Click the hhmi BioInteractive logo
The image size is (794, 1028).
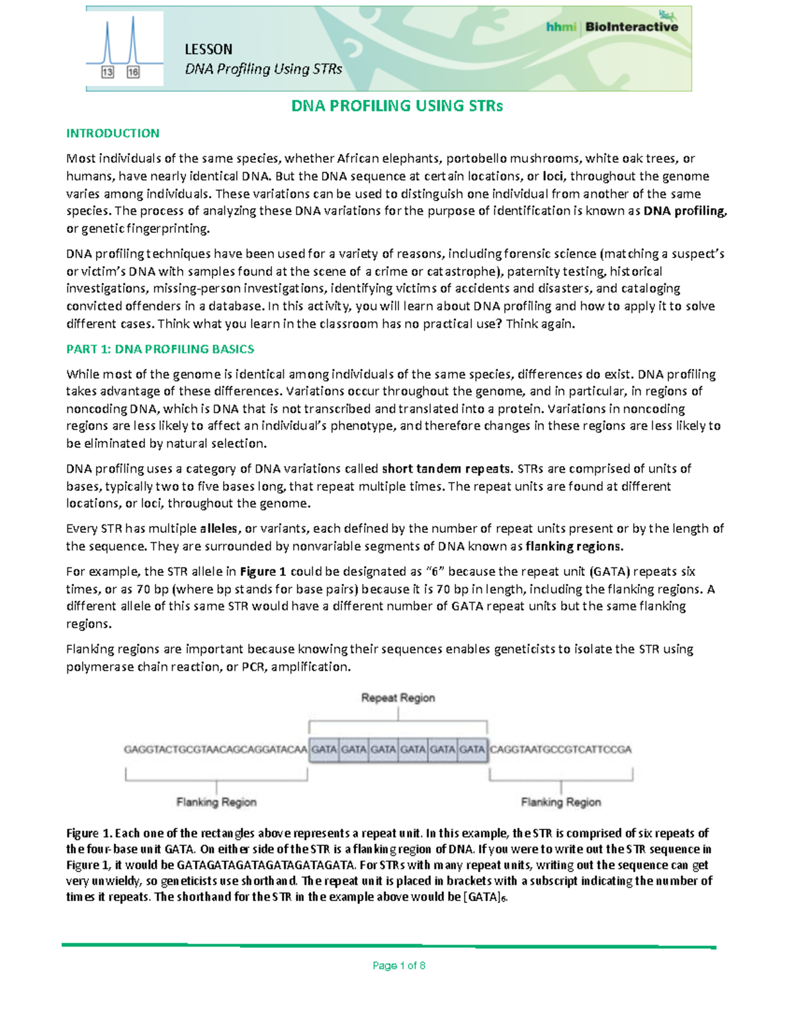(x=612, y=26)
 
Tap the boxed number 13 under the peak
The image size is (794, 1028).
(x=107, y=72)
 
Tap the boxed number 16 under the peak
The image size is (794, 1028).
(x=133, y=72)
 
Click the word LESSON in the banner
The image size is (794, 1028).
(x=208, y=50)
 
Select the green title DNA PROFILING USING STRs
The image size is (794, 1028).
(x=397, y=106)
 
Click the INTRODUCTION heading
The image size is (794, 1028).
(x=112, y=133)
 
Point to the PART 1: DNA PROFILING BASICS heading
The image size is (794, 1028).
(x=160, y=349)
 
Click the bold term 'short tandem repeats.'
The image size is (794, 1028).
(x=447, y=469)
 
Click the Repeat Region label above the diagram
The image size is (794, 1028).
(x=398, y=698)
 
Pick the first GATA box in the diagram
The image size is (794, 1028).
(x=324, y=749)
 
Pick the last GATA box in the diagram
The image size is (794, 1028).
(x=472, y=749)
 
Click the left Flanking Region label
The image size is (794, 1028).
(x=216, y=802)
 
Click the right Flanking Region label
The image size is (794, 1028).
(x=561, y=802)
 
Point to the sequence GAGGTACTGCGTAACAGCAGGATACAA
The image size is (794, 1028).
(x=216, y=749)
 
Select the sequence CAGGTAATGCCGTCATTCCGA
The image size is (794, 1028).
(x=560, y=749)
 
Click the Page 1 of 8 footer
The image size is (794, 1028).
(x=398, y=966)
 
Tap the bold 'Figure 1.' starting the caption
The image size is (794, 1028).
(x=89, y=833)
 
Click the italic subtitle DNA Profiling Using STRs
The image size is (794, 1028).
(x=263, y=70)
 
